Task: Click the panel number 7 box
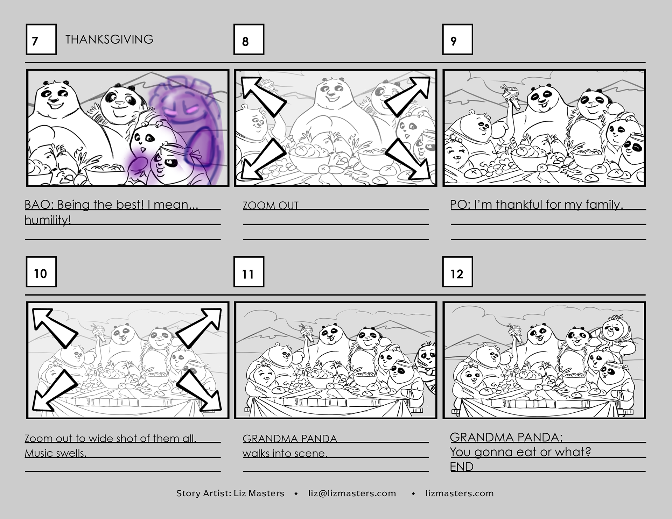tap(41, 39)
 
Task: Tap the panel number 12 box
tap(457, 272)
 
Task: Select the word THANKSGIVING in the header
tap(109, 39)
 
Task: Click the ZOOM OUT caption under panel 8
tap(271, 205)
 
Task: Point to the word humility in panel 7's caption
tap(48, 220)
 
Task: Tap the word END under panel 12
tap(462, 467)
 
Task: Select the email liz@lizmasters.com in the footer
tap(352, 493)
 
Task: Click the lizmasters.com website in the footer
tap(460, 493)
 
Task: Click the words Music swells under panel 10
tap(55, 453)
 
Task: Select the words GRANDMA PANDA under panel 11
tap(290, 439)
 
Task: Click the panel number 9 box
tap(457, 39)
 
